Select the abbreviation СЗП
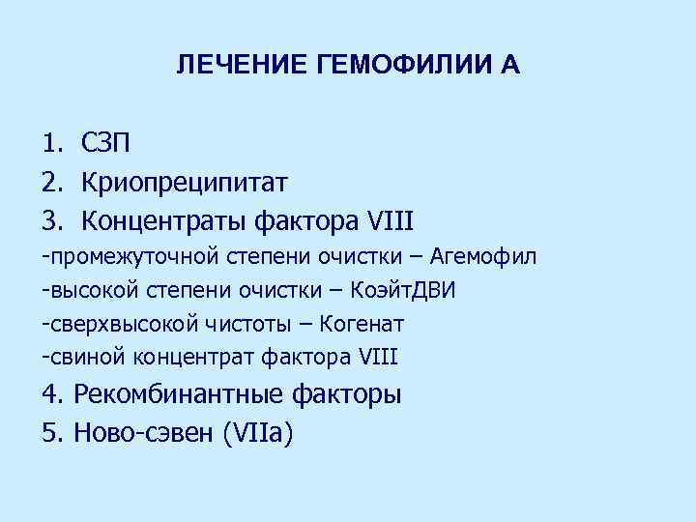(107, 144)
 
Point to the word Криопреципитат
(185, 181)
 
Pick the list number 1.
(50, 144)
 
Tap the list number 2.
(50, 181)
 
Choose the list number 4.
(50, 394)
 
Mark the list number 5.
(50, 432)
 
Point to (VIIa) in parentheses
(257, 432)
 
